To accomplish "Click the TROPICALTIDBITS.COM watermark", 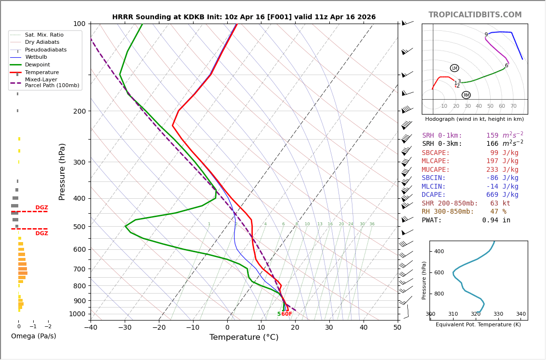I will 475,15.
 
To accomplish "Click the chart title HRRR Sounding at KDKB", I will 244,17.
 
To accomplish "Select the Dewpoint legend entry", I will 37,65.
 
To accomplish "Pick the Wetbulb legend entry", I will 35,57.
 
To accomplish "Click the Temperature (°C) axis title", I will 244,338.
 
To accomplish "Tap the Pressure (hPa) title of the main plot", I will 62,171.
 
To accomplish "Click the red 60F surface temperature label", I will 287,314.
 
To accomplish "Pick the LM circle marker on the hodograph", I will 455,68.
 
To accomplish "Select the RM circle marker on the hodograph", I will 466,95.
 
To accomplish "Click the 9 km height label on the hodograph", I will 486,35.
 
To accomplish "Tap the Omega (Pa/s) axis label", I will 33,336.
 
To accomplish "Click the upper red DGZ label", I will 41,208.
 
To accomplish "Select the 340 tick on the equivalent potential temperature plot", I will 520,314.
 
